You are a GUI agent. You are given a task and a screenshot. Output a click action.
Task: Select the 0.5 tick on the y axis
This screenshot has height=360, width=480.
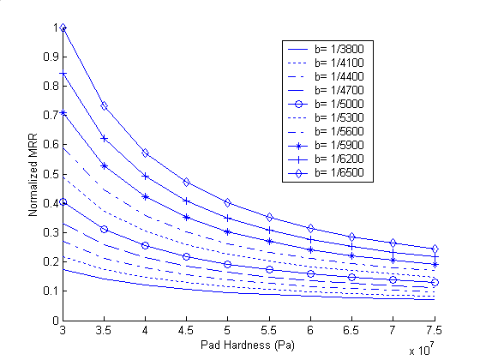(53, 174)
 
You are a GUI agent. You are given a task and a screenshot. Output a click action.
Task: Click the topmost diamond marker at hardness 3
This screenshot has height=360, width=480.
(63, 27)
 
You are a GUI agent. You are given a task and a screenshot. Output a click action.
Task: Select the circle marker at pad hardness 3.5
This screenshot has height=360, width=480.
(104, 229)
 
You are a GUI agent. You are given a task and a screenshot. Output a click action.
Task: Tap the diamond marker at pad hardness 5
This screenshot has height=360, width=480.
(228, 202)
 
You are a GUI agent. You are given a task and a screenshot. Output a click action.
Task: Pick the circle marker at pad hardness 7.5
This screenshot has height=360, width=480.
(435, 282)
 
